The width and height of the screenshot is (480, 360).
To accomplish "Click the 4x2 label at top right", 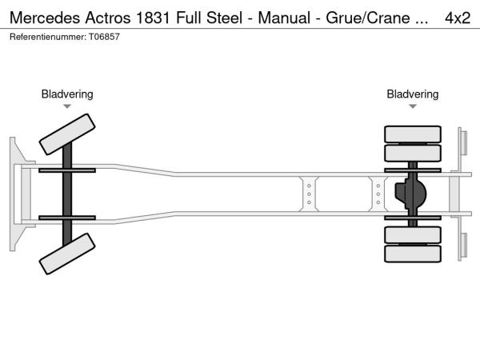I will (x=457, y=17).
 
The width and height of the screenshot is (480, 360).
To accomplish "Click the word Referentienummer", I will (x=45, y=38).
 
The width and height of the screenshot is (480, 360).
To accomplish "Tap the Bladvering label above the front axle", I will (x=67, y=94).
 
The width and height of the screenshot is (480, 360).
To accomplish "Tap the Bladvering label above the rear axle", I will (x=413, y=94).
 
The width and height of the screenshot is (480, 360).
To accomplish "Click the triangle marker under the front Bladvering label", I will (x=67, y=106).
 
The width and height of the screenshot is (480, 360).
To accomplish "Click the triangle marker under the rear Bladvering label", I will (x=413, y=106).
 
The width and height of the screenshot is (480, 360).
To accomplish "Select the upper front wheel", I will (x=67, y=134).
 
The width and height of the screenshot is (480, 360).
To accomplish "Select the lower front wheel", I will (x=67, y=258).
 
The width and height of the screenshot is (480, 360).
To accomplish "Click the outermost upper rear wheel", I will (x=413, y=133).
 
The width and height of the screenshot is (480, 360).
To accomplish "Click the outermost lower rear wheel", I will (x=413, y=254).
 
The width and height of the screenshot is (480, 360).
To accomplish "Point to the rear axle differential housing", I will (x=411, y=194).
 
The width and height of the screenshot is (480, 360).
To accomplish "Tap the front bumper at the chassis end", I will (x=16, y=194).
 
